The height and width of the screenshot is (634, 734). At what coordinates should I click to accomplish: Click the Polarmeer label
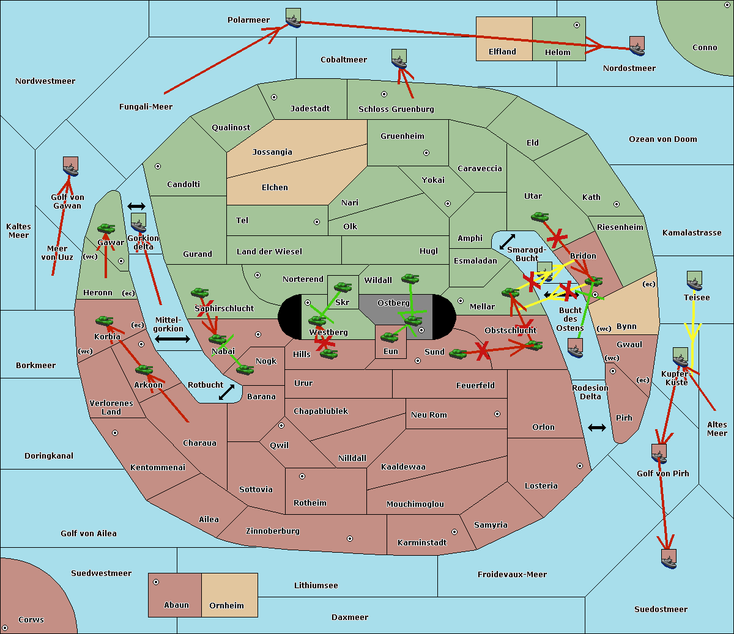pyautogui.click(x=248, y=20)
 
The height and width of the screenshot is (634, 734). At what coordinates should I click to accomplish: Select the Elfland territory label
pyautogui.click(x=502, y=52)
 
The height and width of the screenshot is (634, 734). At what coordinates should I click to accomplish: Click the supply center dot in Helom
pyautogui.click(x=576, y=25)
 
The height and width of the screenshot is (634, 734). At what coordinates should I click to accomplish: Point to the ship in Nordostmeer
pyautogui.click(x=637, y=46)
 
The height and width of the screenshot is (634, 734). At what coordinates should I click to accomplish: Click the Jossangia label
pyautogui.click(x=272, y=152)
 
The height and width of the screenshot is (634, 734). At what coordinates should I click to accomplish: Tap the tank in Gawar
pyautogui.click(x=106, y=229)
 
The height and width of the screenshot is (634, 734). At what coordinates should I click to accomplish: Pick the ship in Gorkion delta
pyautogui.click(x=139, y=223)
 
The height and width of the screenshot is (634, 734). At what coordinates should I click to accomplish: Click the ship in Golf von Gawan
pyautogui.click(x=71, y=167)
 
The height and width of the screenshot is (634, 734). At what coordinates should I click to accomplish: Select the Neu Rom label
pyautogui.click(x=429, y=415)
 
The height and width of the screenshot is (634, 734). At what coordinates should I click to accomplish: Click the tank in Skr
pyautogui.click(x=343, y=286)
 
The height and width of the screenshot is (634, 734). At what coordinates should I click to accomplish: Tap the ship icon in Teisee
pyautogui.click(x=694, y=281)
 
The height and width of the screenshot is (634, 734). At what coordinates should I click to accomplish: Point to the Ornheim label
pyautogui.click(x=226, y=606)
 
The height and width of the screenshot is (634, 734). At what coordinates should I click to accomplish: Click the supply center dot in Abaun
pyautogui.click(x=156, y=582)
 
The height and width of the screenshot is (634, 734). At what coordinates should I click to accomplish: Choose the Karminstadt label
pyautogui.click(x=422, y=543)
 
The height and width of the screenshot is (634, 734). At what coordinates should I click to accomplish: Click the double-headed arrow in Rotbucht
pyautogui.click(x=226, y=392)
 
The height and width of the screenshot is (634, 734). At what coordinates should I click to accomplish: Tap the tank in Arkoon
pyautogui.click(x=144, y=369)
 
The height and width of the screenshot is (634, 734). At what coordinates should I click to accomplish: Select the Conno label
pyautogui.click(x=705, y=48)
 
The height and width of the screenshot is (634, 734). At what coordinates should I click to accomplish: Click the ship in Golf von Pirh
pyautogui.click(x=659, y=454)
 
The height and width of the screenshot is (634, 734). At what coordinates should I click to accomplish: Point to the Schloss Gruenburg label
pyautogui.click(x=396, y=109)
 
